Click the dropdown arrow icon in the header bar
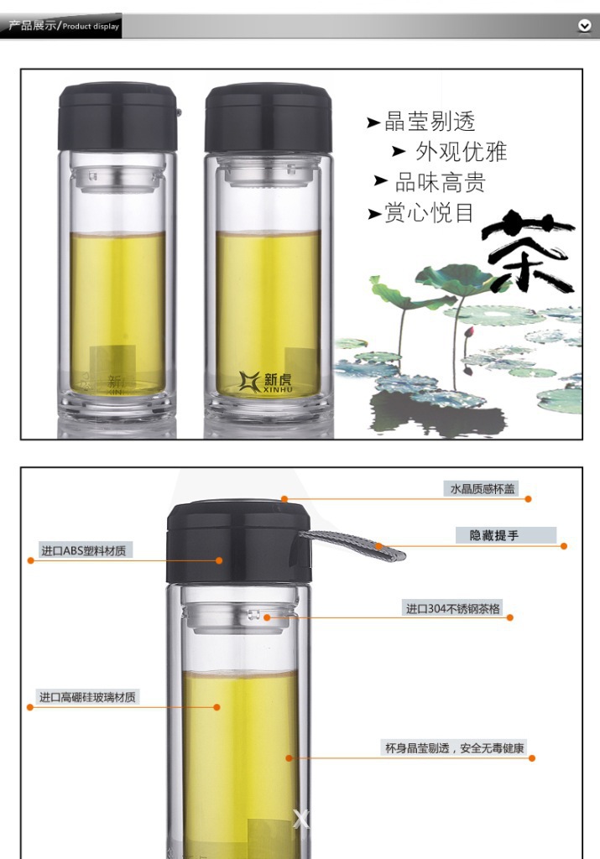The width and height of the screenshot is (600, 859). (585, 25)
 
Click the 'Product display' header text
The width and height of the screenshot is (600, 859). (91, 26)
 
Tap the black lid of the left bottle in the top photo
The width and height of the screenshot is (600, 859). (117, 117)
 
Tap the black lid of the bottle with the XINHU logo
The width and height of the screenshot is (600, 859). (268, 117)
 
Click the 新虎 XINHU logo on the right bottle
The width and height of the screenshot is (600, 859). (266, 382)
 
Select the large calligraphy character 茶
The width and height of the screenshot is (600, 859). (528, 252)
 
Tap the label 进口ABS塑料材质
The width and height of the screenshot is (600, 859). (83, 550)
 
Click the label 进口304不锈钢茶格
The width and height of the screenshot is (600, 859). (452, 609)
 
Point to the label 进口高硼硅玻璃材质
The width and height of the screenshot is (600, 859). (87, 697)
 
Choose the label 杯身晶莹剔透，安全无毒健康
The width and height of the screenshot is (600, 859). (454, 747)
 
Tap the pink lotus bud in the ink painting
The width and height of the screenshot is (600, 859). (468, 333)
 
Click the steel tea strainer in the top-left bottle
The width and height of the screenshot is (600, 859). (117, 178)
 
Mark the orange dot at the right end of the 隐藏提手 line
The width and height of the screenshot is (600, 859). (564, 545)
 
